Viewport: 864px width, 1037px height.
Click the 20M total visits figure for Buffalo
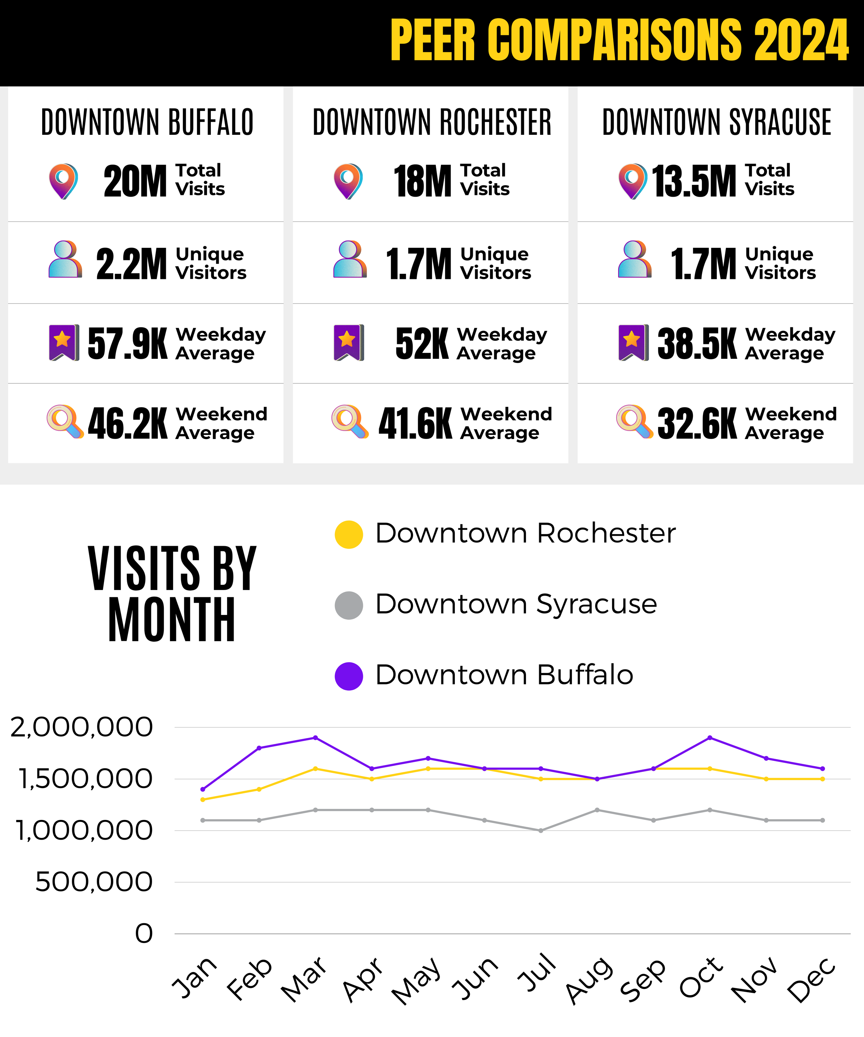[135, 181]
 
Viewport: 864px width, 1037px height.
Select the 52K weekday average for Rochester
[422, 344]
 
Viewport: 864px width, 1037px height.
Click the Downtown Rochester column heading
[432, 122]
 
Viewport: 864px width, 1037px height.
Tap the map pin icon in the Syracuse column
[632, 181]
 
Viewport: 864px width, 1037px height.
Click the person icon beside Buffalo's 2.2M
[65, 259]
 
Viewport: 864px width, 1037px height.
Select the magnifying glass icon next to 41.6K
[349, 421]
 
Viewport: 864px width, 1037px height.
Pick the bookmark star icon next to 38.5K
[633, 342]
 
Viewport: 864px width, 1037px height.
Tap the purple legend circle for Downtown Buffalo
[349, 676]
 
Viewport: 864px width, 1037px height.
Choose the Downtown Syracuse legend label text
[516, 605]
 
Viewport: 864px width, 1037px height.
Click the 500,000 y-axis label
[94, 882]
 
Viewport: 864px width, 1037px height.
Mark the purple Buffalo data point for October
[710, 738]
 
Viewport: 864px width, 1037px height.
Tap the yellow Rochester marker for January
[203, 800]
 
